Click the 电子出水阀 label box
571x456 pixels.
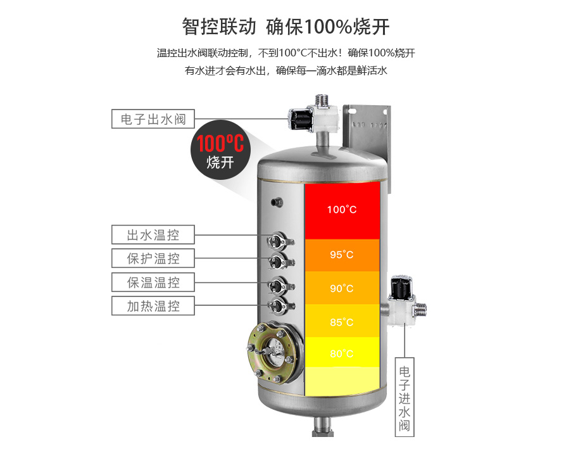153,118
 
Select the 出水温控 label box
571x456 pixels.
153,234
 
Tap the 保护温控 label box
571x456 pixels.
153,258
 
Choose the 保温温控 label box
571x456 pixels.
153,282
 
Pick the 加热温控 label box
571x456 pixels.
153,306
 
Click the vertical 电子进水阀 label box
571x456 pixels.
405,397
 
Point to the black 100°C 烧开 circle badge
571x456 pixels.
220,149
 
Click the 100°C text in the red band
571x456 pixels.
342,210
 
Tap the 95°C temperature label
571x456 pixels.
342,254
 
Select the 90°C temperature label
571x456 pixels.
342,288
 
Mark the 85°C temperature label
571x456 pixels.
342,322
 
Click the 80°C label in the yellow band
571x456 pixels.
342,353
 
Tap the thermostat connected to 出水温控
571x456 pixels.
279,241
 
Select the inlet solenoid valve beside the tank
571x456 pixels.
405,301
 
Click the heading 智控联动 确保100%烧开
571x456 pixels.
286,27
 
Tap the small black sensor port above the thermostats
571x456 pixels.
277,203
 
